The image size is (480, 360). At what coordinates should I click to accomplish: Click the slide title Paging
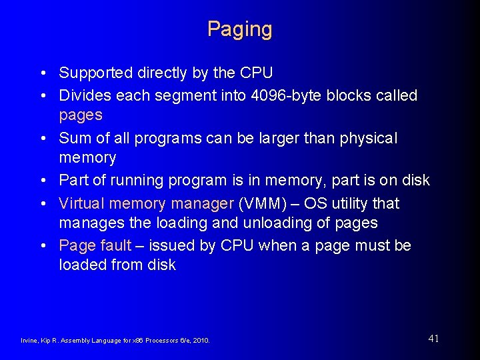(239, 29)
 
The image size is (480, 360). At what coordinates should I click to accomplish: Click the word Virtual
(81, 203)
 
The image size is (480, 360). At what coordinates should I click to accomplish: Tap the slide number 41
(433, 339)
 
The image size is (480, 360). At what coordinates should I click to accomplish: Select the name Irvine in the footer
(31, 341)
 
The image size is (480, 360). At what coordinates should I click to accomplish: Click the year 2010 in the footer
(201, 341)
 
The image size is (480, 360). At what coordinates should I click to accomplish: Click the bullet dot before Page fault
(43, 246)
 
